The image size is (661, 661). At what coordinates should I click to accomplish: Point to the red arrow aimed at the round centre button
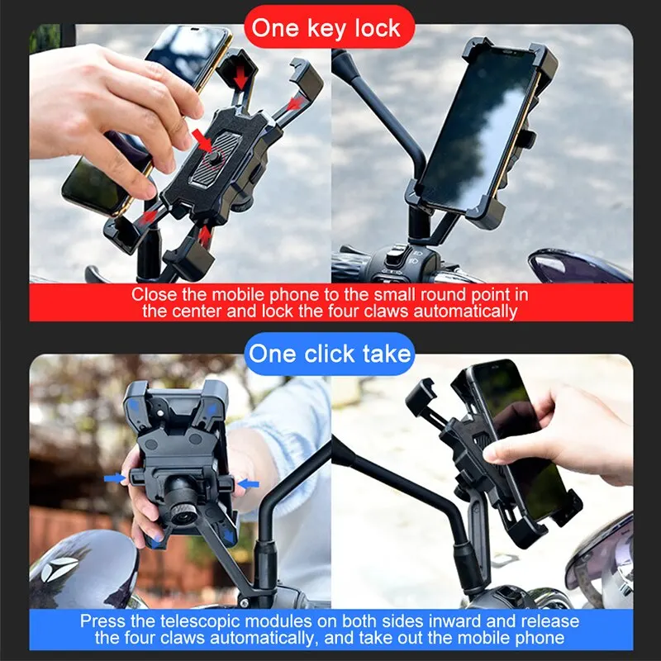click(x=202, y=140)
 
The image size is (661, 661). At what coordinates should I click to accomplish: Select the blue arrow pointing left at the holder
click(x=248, y=483)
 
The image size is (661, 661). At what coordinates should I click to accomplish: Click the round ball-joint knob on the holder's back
click(x=183, y=500)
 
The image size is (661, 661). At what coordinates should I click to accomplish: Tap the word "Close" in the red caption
click(x=154, y=295)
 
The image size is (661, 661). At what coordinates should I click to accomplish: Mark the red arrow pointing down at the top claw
click(x=239, y=77)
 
